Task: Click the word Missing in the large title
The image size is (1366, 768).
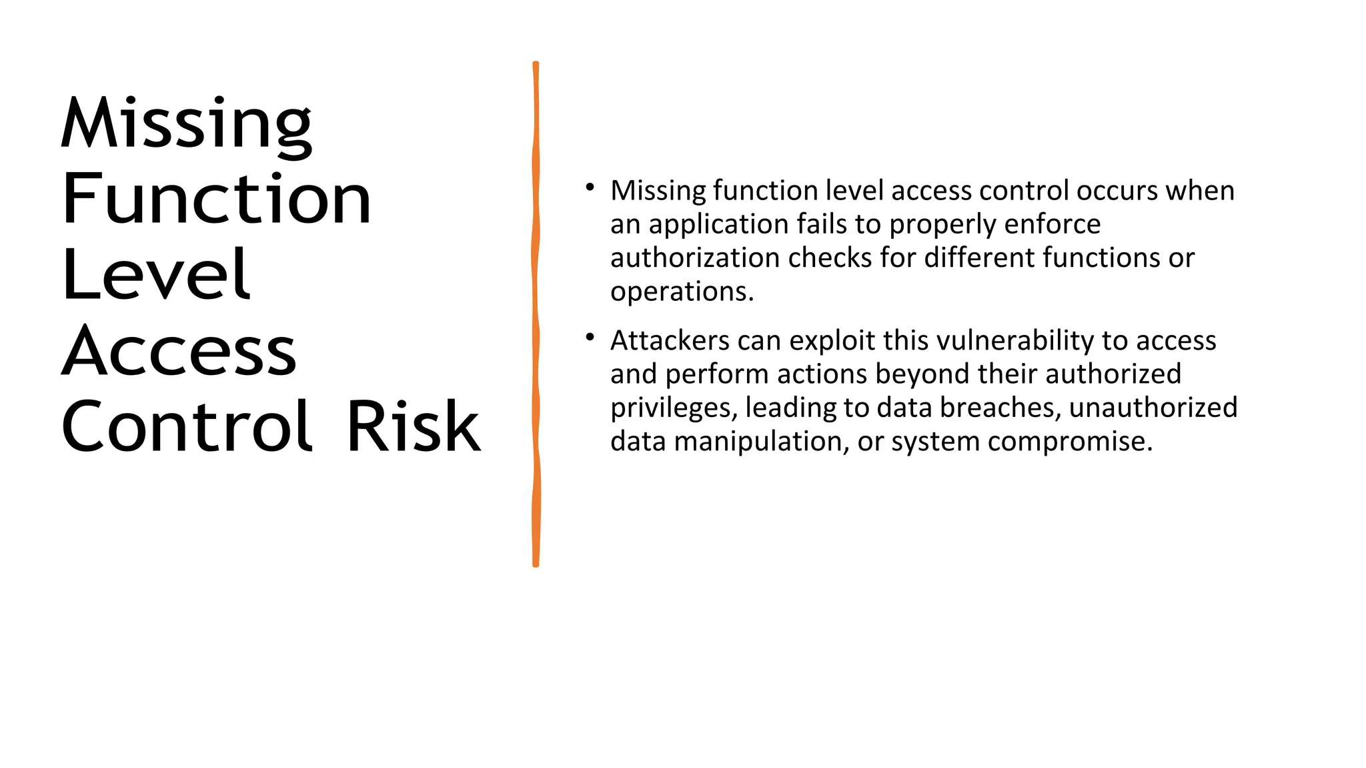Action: [186, 124]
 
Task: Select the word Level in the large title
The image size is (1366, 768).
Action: [156, 274]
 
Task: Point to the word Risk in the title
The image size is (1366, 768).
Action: [413, 426]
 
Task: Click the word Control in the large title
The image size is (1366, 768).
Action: [186, 426]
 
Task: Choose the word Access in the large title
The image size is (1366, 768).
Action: [179, 351]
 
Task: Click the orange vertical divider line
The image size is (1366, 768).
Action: [536, 314]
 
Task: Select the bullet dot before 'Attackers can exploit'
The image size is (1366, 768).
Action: [590, 338]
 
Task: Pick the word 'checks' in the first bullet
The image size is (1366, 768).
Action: [833, 258]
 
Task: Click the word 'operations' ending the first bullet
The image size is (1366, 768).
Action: [679, 292]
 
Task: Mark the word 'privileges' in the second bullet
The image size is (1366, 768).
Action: [673, 408]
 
